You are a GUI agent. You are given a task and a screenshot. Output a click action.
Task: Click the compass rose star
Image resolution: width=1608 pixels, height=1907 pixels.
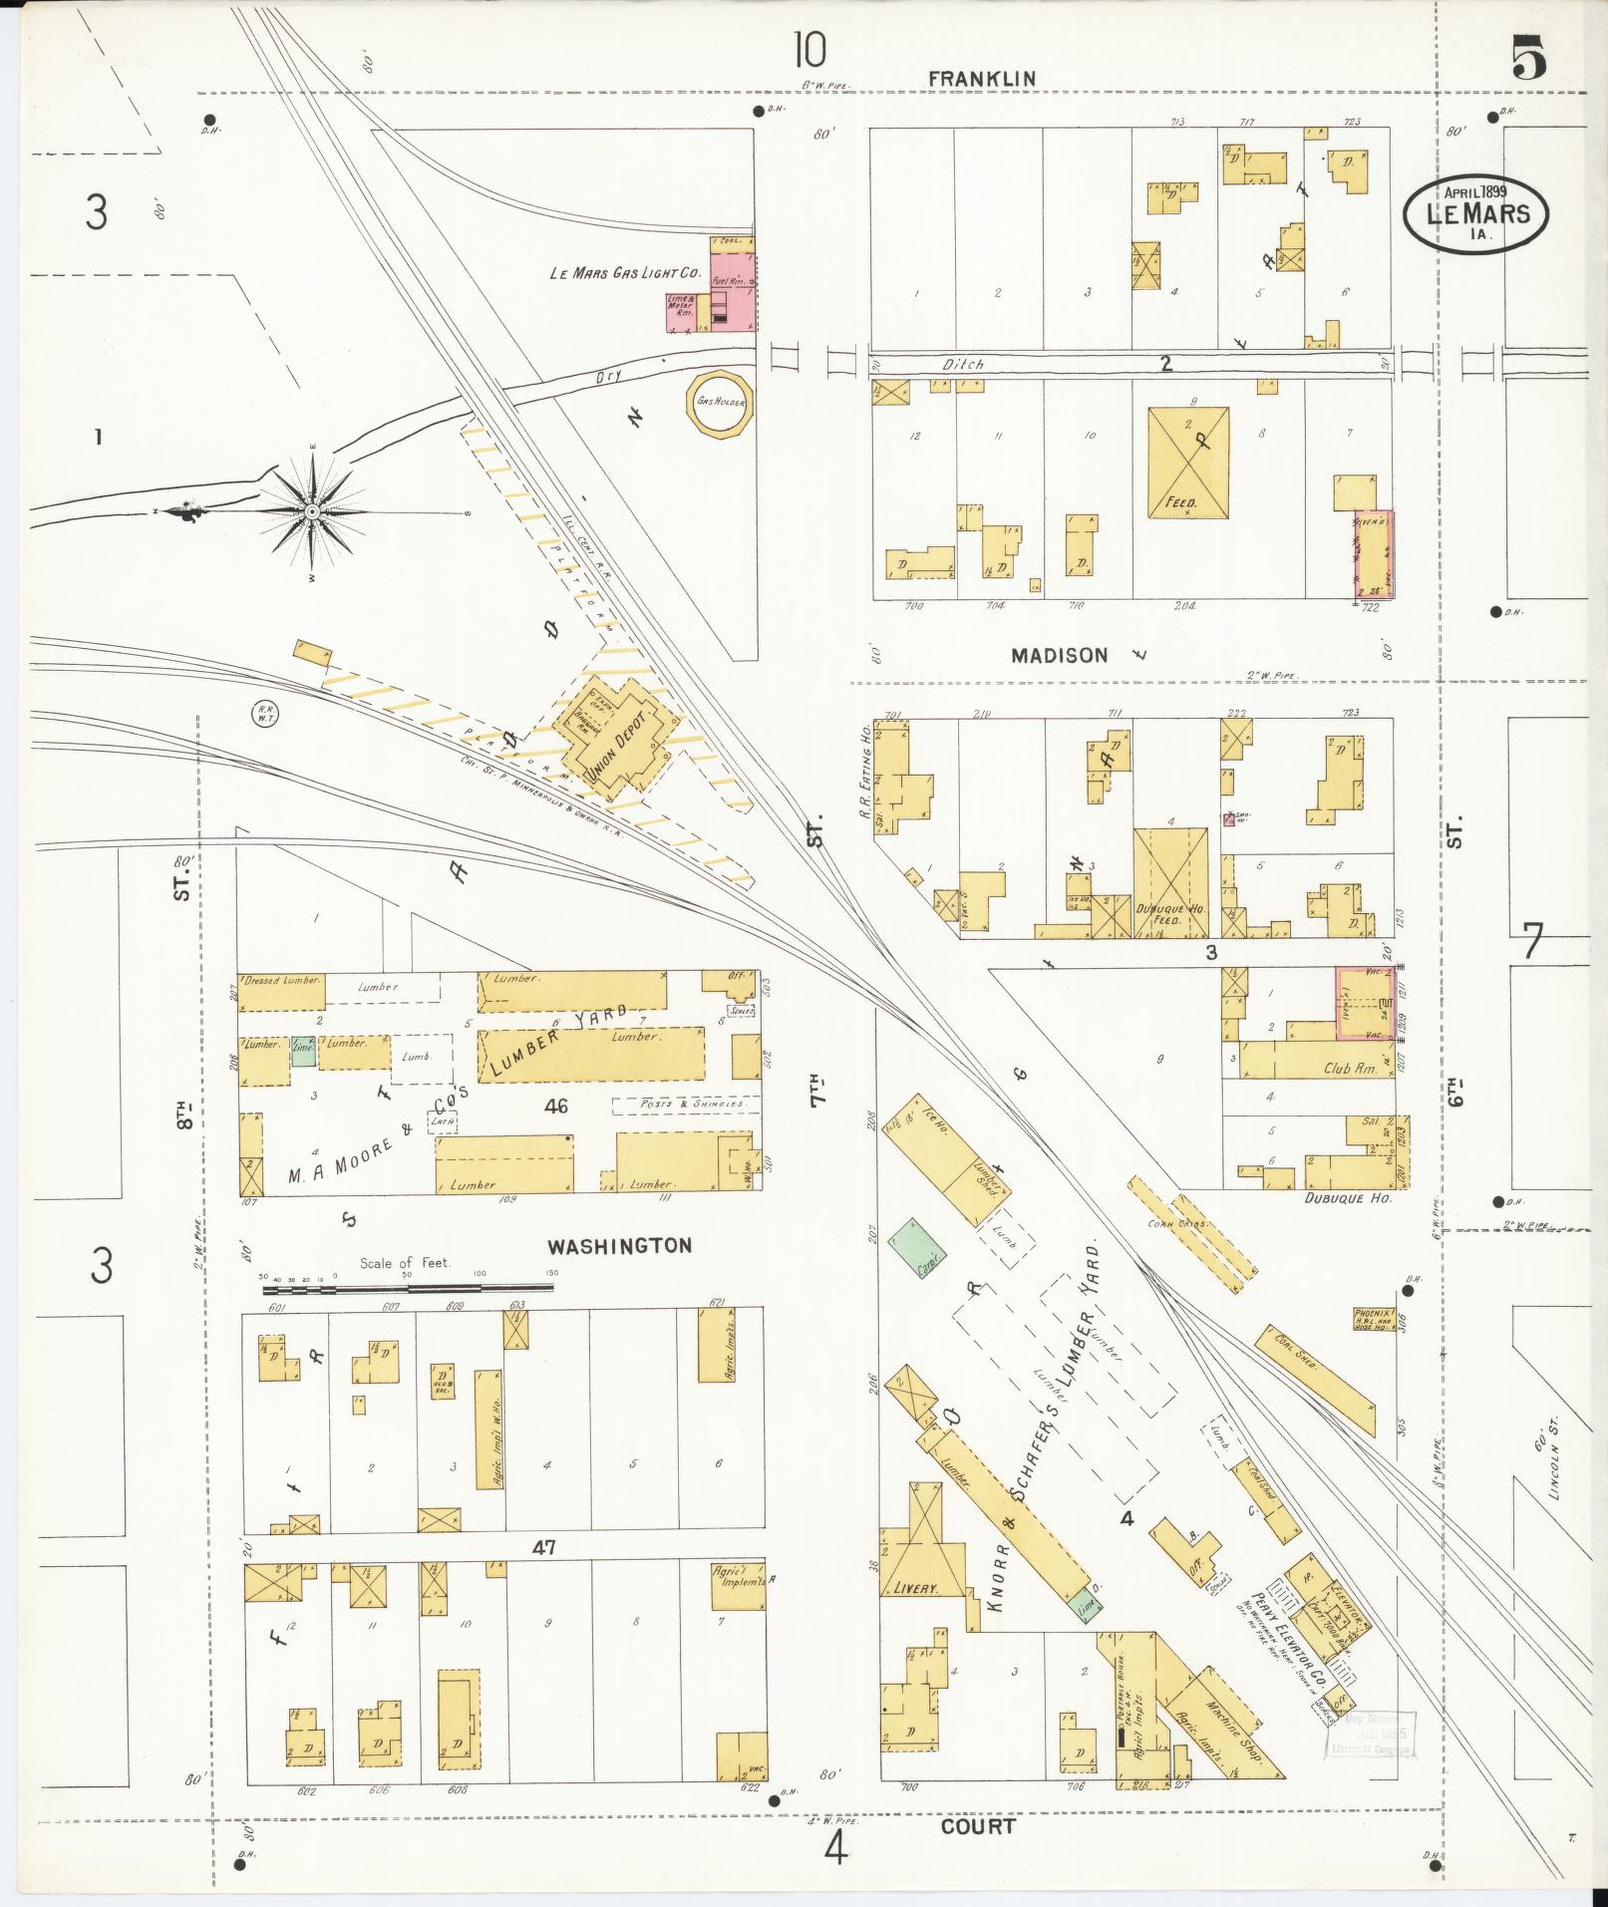pos(313,511)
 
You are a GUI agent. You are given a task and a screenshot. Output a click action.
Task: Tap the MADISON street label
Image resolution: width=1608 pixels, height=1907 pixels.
pos(1059,655)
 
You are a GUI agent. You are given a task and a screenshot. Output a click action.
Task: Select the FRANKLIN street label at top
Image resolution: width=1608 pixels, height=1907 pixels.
pos(982,78)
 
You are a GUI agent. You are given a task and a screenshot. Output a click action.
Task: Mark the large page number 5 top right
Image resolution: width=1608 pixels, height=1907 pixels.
pos(1529,57)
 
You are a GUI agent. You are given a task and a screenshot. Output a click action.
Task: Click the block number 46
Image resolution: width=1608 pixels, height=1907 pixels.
pos(556,1105)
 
